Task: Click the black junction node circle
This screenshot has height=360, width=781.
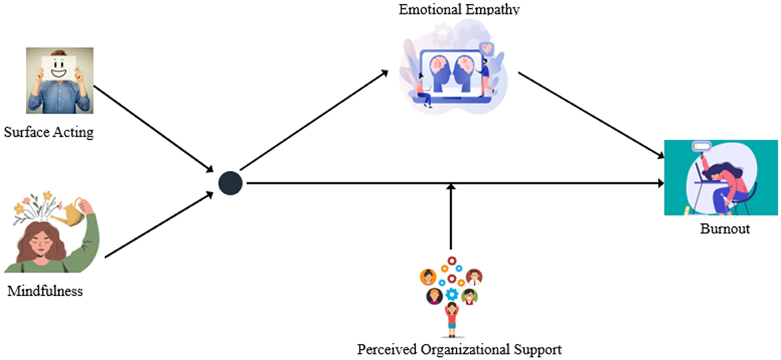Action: pyautogui.click(x=230, y=183)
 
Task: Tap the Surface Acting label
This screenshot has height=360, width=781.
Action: pyautogui.click(x=49, y=132)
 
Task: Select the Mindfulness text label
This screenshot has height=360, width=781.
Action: pyautogui.click(x=45, y=291)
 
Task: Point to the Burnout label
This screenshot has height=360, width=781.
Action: pyautogui.click(x=725, y=229)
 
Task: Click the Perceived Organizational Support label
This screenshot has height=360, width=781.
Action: pyautogui.click(x=459, y=349)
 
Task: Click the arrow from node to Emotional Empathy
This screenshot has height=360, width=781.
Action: pyautogui.click(x=314, y=120)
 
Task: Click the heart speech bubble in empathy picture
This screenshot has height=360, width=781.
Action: pyautogui.click(x=487, y=49)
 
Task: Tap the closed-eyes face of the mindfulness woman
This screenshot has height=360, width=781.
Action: pyautogui.click(x=37, y=240)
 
